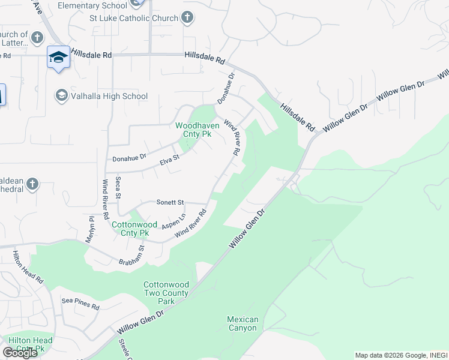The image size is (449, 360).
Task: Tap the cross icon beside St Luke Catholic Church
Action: tap(187, 17)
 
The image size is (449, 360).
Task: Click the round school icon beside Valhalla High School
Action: tap(61, 95)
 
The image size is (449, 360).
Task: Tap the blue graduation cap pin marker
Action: tap(58, 58)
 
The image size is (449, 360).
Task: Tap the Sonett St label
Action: tap(170, 203)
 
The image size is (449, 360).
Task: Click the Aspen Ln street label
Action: tap(174, 221)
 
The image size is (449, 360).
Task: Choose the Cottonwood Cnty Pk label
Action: tap(130, 229)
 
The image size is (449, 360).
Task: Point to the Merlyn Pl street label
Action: tap(92, 228)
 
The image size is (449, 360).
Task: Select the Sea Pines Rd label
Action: tap(80, 304)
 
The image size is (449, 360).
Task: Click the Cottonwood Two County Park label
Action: tap(166, 293)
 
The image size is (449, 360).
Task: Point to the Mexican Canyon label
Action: tap(243, 324)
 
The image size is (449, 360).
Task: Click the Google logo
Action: tap(20, 353)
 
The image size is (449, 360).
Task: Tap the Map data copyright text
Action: tap(400, 355)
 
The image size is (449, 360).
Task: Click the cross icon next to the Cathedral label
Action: tap(32, 184)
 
